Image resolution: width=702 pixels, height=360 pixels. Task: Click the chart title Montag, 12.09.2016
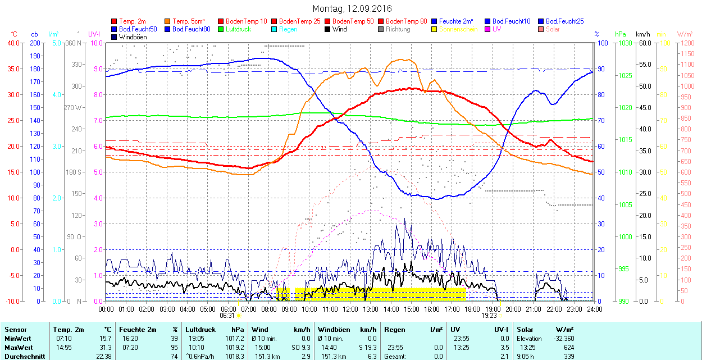click(352, 9)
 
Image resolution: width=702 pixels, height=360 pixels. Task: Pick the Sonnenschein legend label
click(458, 29)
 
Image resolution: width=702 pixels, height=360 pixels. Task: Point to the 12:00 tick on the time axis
click(350, 309)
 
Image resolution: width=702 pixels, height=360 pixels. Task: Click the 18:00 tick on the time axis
click(472, 309)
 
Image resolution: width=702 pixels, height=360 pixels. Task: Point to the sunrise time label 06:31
click(227, 316)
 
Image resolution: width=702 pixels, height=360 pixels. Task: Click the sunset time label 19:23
click(489, 316)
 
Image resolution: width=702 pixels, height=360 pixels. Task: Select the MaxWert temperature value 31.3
click(105, 347)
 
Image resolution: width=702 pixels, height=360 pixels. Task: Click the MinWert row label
click(17, 339)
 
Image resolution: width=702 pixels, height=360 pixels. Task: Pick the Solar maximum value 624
click(569, 347)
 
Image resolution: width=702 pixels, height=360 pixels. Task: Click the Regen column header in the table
click(394, 330)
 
